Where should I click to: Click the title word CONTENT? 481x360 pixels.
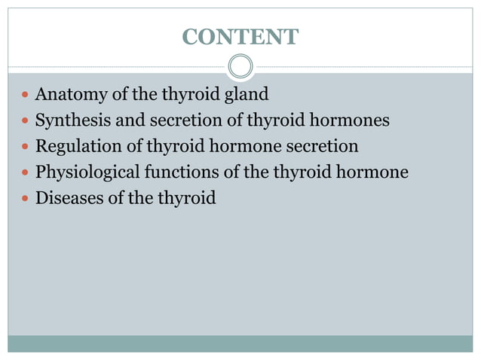[240, 36]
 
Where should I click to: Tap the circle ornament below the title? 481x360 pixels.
[240, 66]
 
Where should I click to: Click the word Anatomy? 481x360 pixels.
[70, 95]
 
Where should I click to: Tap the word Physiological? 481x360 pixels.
[87, 172]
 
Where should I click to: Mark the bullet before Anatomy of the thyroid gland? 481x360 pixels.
[25, 96]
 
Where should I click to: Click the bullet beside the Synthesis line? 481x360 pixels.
[25, 122]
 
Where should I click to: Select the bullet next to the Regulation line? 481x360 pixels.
[25, 148]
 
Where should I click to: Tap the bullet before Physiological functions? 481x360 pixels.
[25, 173]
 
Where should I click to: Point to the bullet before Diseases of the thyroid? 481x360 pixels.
[25, 200]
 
